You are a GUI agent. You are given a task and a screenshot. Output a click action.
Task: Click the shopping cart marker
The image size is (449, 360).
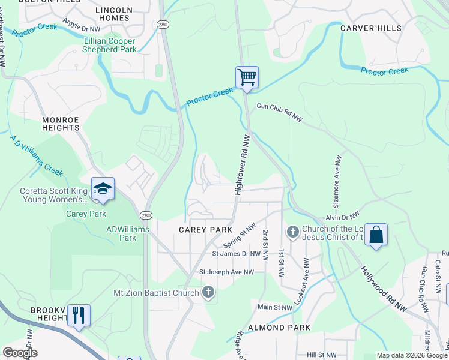247,77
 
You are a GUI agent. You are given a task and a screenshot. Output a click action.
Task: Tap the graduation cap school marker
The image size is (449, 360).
103,188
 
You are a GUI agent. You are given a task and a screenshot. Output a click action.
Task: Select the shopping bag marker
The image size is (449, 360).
376,235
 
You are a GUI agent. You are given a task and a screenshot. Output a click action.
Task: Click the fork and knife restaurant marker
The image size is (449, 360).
79,315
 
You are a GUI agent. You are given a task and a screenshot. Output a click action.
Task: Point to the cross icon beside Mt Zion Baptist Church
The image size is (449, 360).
208,293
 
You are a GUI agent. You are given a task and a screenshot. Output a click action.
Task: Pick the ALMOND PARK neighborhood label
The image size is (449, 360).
283,328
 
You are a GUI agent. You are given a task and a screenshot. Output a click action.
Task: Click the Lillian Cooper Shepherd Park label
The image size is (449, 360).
110,45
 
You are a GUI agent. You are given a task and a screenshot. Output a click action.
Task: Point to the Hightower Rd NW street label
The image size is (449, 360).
242,164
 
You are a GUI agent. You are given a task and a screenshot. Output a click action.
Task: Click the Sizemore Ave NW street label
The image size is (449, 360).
337,178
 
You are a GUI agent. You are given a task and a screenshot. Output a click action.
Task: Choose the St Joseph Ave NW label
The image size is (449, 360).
226,272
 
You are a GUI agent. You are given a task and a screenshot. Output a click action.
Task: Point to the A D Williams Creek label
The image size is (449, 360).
36,155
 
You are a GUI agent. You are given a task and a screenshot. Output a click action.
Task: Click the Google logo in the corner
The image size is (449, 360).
20,353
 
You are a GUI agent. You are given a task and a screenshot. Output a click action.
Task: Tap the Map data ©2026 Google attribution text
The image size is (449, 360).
412,355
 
